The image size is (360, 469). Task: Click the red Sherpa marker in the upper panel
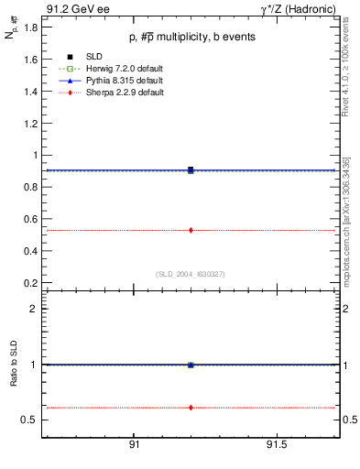(191, 230)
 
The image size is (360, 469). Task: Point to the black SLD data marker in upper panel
(191, 169)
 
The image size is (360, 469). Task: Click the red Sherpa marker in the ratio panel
(191, 407)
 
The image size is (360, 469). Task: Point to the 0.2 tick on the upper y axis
(29, 282)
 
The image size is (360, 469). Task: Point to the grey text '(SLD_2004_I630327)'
(190, 273)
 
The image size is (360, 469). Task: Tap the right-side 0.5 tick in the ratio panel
(349, 420)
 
